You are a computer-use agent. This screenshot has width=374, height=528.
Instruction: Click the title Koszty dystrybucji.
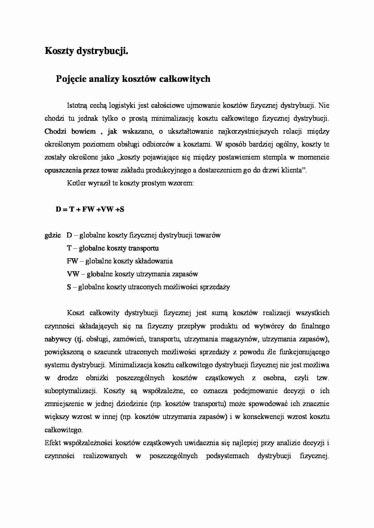pos(87,51)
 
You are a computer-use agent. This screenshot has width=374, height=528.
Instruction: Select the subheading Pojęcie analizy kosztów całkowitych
pos(133,79)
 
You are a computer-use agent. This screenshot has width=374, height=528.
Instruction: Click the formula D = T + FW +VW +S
pos(90,210)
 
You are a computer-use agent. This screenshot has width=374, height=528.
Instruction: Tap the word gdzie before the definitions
pos(53,235)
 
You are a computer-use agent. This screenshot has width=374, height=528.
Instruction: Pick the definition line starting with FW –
pos(120,261)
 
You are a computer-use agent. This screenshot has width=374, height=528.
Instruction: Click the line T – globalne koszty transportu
pos(113,248)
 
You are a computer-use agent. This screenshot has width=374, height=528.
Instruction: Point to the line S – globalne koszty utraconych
pos(148,287)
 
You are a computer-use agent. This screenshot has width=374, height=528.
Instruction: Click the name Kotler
pos(76,183)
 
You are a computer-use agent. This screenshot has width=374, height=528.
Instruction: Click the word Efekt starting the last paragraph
pos(52,443)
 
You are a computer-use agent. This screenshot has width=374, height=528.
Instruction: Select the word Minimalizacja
pos(130,365)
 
